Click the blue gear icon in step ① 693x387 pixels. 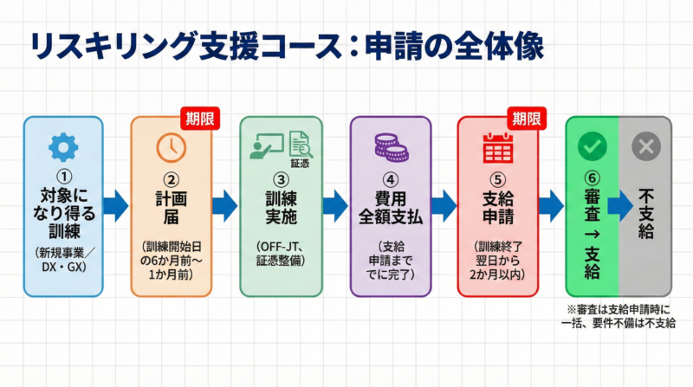[x=63, y=148]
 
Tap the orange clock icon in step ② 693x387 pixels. [x=171, y=148]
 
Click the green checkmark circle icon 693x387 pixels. [x=593, y=147]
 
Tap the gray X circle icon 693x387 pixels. [x=644, y=147]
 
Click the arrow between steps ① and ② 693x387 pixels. [x=115, y=206]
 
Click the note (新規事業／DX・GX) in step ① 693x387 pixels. [x=63, y=259]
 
